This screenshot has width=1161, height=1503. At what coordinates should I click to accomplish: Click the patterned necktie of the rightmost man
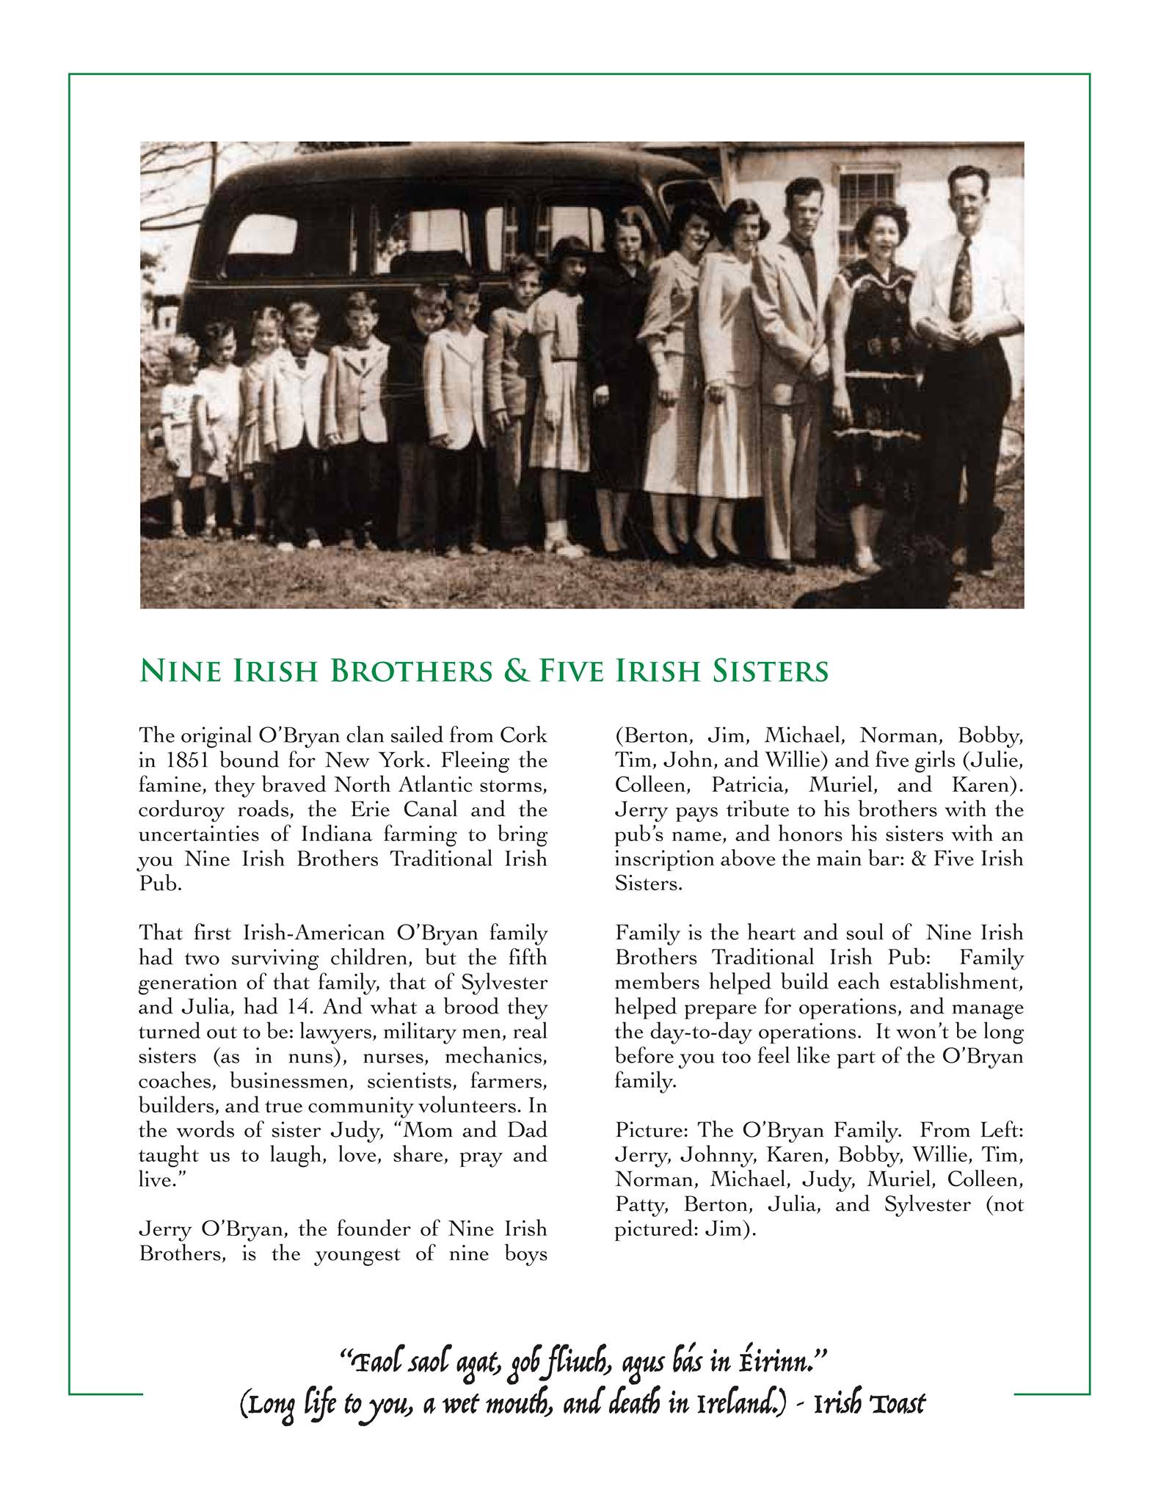pos(960,279)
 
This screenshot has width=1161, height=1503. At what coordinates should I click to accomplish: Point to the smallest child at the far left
pos(180,426)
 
